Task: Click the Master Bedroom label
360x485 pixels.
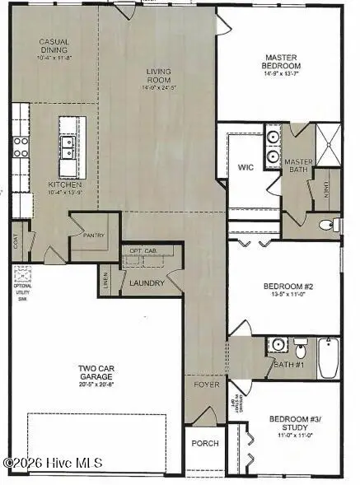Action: point(280,62)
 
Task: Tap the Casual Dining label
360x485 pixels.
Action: point(54,45)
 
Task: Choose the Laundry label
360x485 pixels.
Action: point(147,283)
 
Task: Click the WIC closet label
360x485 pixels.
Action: point(245,167)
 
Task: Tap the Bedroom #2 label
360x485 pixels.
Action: point(284,287)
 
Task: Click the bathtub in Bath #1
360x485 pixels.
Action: point(328,358)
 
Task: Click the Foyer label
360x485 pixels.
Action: point(204,385)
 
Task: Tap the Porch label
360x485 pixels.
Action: point(205,443)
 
